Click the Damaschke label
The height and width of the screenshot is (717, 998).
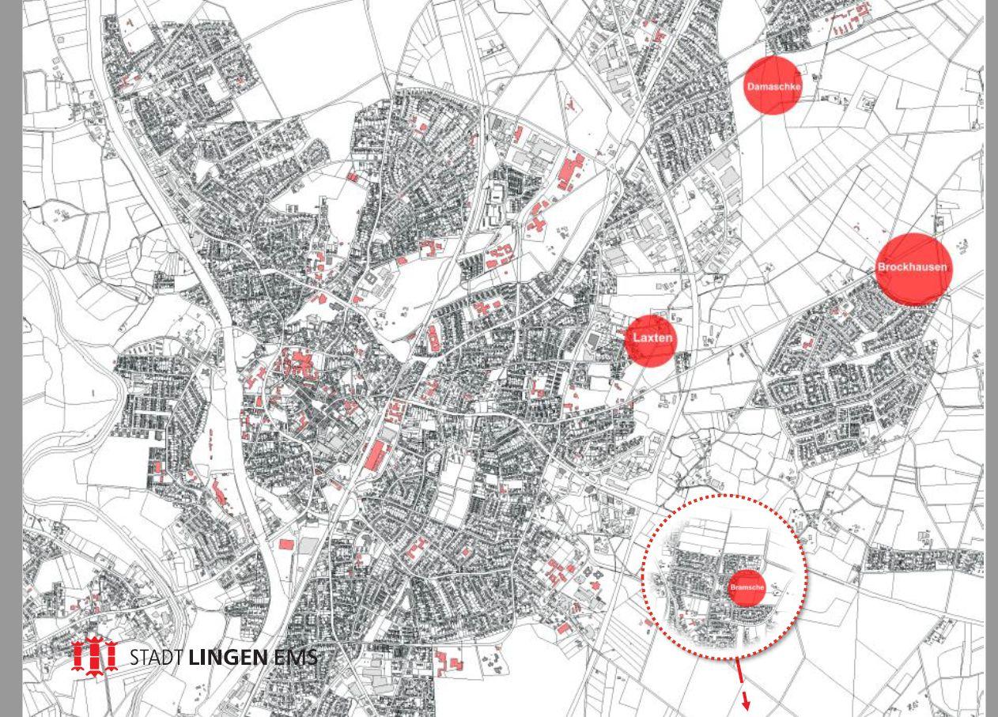pos(773,85)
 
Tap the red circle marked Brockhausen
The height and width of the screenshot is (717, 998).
pos(912,268)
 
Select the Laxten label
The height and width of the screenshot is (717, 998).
pos(652,339)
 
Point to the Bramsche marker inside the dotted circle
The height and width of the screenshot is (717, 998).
pos(747,587)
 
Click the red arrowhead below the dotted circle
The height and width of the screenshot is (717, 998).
pos(746,704)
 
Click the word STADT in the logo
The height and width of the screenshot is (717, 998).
pos(157,657)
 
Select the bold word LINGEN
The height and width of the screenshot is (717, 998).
pos(228,657)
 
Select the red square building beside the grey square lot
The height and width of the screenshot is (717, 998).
pos(286,544)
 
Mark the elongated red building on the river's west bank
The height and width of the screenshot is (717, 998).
pos(219,493)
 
